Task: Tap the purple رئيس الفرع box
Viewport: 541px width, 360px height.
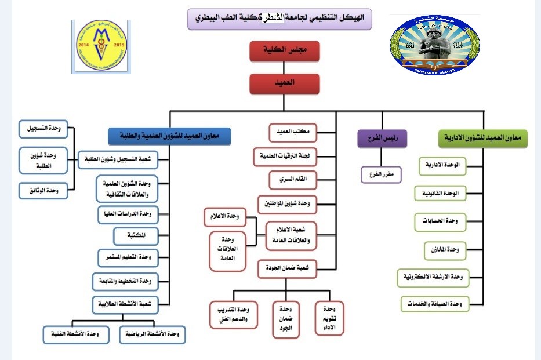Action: (x=382, y=139)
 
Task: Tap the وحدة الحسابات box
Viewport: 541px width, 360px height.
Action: (x=441, y=221)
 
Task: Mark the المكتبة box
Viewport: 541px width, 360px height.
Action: (x=135, y=236)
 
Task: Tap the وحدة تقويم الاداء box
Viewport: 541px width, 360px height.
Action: (x=329, y=318)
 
